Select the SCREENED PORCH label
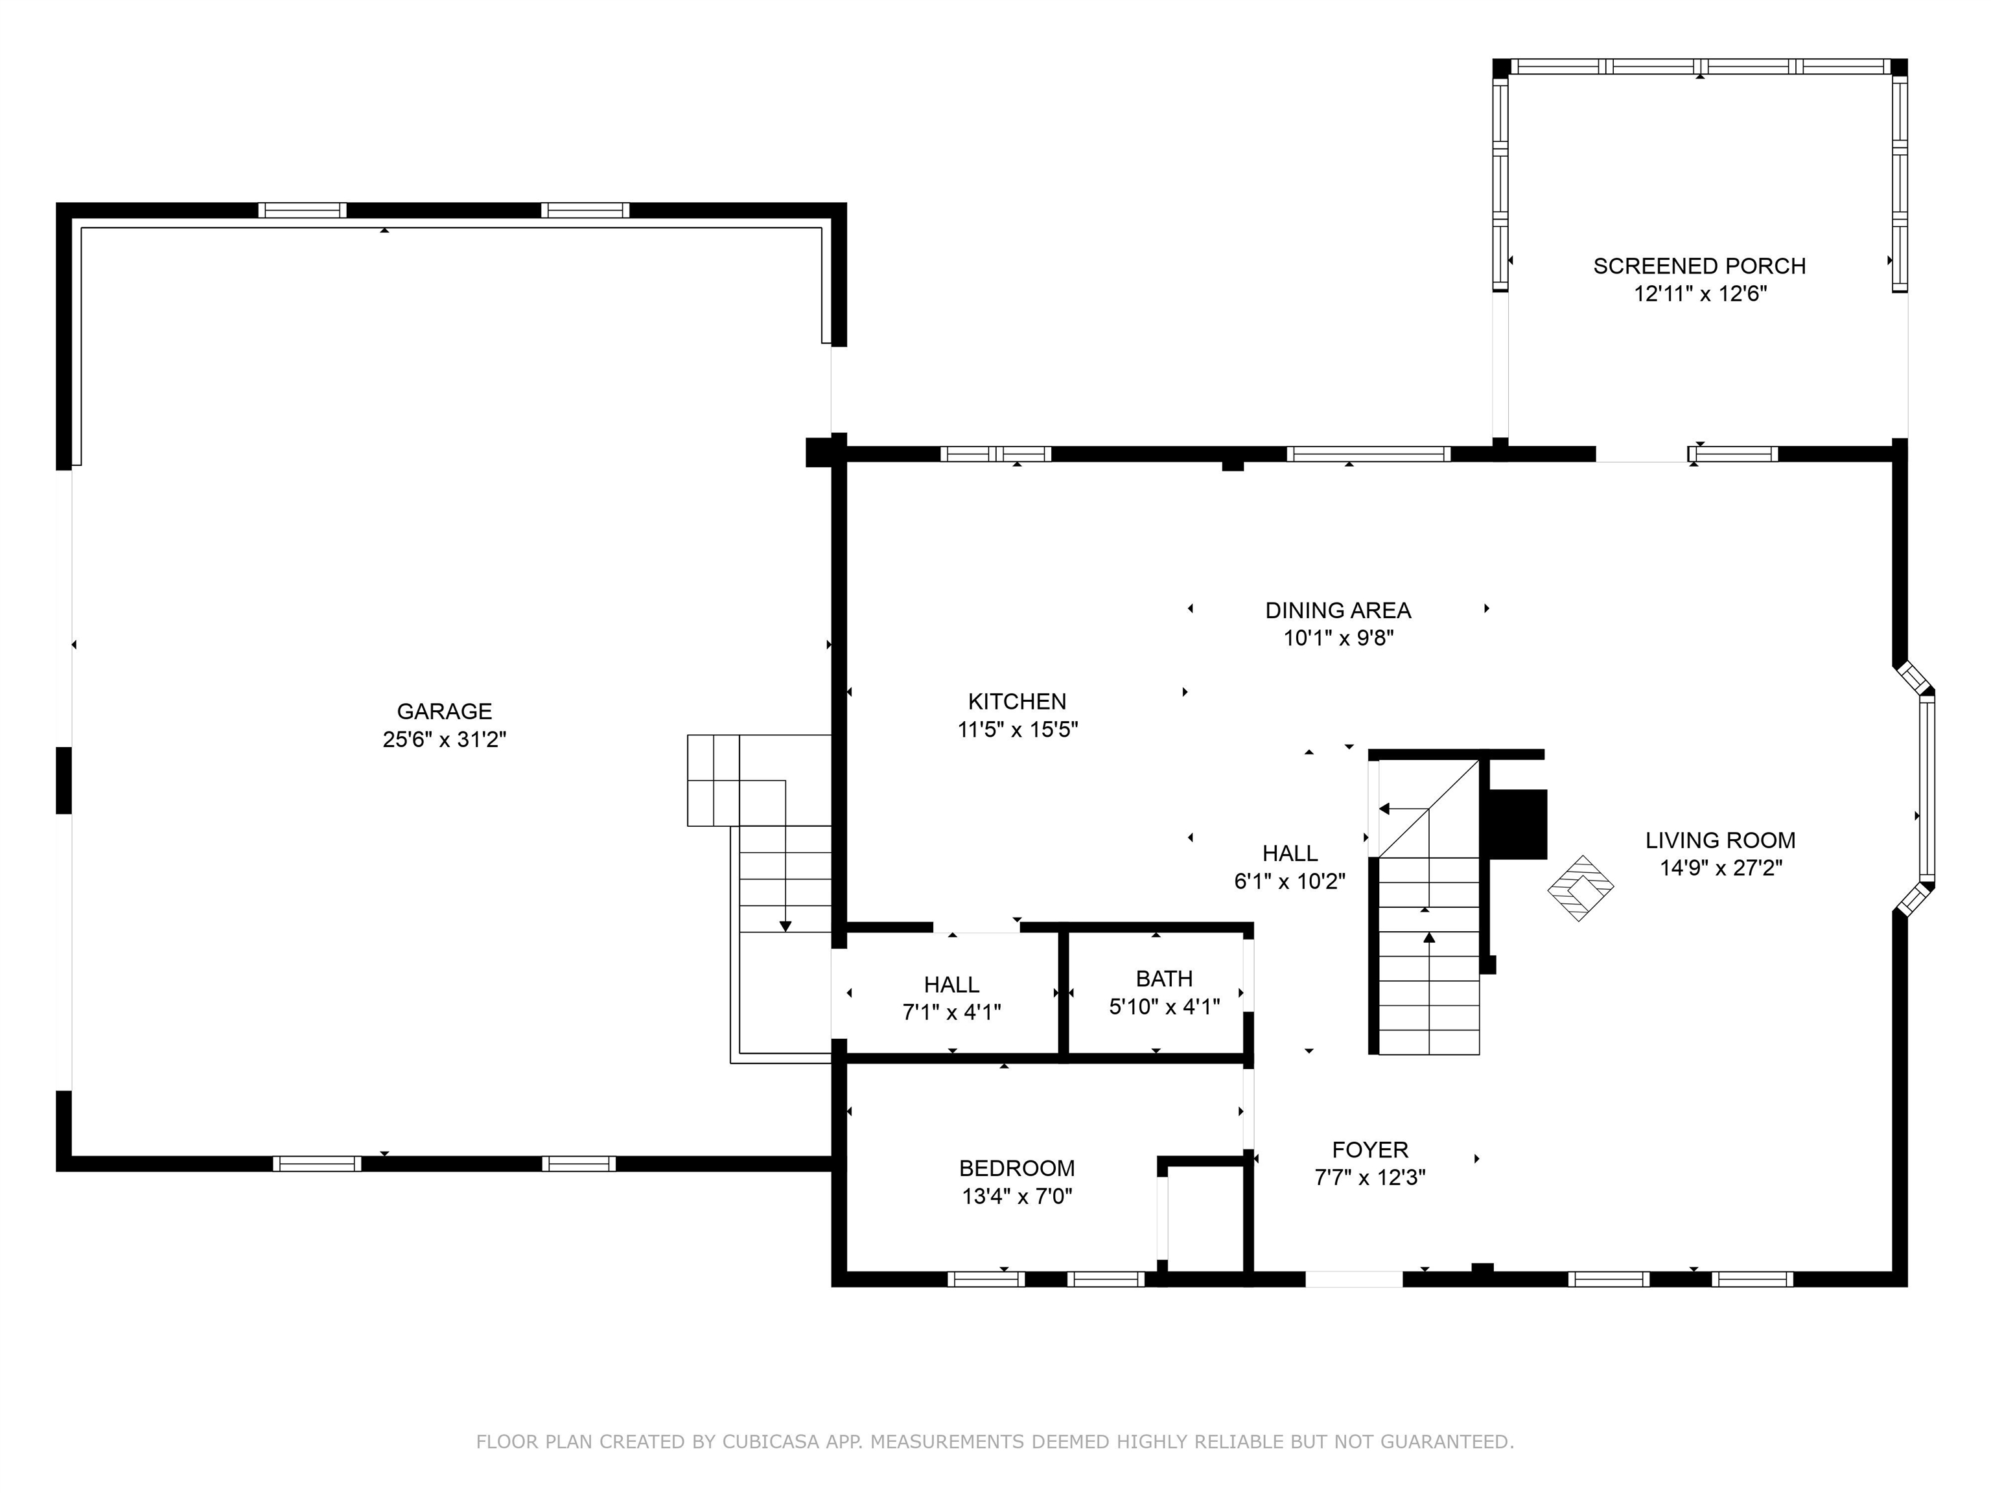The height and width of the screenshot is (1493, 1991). click(x=1699, y=266)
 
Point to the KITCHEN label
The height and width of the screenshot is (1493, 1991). click(x=1017, y=701)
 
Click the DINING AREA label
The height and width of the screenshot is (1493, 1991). click(x=1338, y=610)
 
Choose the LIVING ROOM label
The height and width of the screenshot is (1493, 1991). click(x=1720, y=840)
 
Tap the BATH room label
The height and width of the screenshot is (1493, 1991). click(x=1164, y=978)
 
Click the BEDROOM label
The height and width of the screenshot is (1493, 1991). click(x=1017, y=1168)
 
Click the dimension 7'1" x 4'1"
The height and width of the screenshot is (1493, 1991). click(x=951, y=1012)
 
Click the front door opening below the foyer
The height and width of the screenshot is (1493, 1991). click(x=1354, y=1279)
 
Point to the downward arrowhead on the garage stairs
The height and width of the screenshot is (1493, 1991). click(x=785, y=926)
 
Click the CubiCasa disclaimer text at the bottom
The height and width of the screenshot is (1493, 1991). click(x=995, y=1442)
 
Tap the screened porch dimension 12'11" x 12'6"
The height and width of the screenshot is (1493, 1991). click(x=1700, y=294)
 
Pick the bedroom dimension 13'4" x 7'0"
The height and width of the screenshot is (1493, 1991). click(x=1017, y=1196)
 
